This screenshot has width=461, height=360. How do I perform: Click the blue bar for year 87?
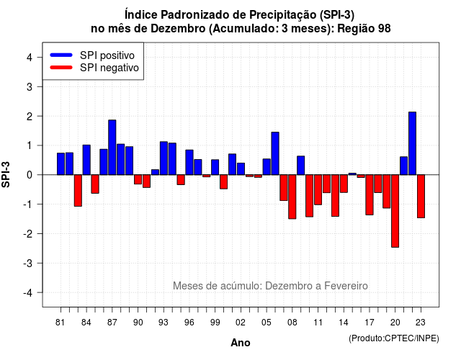point(112,147)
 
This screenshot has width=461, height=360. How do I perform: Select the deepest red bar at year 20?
point(395,211)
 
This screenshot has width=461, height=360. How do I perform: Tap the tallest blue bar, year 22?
point(412,143)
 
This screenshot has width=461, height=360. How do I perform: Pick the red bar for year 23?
point(421,197)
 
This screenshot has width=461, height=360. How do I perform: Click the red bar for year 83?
point(78,190)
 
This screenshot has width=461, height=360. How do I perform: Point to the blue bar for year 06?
point(275,153)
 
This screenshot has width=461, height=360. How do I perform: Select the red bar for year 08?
point(292,197)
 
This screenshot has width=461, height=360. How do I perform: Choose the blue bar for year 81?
point(61,163)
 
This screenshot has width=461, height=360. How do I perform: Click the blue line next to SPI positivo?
point(61,55)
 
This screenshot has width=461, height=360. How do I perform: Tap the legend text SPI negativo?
point(109,68)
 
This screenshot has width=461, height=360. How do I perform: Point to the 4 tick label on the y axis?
point(30,58)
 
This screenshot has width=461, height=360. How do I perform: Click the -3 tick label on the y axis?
point(28,263)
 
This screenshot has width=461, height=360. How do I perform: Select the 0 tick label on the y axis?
point(30,175)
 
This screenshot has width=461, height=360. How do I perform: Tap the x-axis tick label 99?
point(215,323)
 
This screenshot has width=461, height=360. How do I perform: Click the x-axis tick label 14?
point(344,323)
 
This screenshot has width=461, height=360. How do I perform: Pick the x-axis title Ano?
point(241,343)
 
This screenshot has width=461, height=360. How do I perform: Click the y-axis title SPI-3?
point(6,174)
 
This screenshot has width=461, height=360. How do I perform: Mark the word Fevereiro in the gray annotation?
point(346,286)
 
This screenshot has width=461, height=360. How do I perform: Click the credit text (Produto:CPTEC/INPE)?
point(394,338)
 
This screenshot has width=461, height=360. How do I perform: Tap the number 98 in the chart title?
point(384,29)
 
